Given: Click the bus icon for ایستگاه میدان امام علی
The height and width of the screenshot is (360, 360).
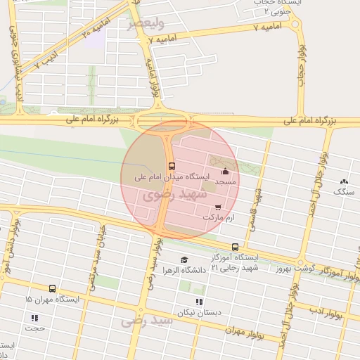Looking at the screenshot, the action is pyautogui.click(x=172, y=167).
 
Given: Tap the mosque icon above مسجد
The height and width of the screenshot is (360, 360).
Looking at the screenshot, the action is pyautogui.click(x=225, y=171).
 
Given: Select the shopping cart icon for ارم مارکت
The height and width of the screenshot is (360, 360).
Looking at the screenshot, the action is pyautogui.click(x=218, y=207).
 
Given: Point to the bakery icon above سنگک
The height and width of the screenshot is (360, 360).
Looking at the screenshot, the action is pyautogui.click(x=343, y=181).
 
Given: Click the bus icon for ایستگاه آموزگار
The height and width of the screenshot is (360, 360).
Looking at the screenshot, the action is pyautogui.click(x=235, y=247).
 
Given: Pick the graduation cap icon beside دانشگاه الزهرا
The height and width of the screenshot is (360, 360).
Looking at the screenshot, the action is pyautogui.click(x=184, y=259).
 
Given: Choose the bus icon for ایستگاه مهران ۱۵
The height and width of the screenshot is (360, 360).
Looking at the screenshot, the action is pyautogui.click(x=52, y=288).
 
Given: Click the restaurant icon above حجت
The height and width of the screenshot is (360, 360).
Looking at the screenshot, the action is pyautogui.click(x=35, y=318).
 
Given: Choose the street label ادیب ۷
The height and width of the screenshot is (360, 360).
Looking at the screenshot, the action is pyautogui.click(x=41, y=63).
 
